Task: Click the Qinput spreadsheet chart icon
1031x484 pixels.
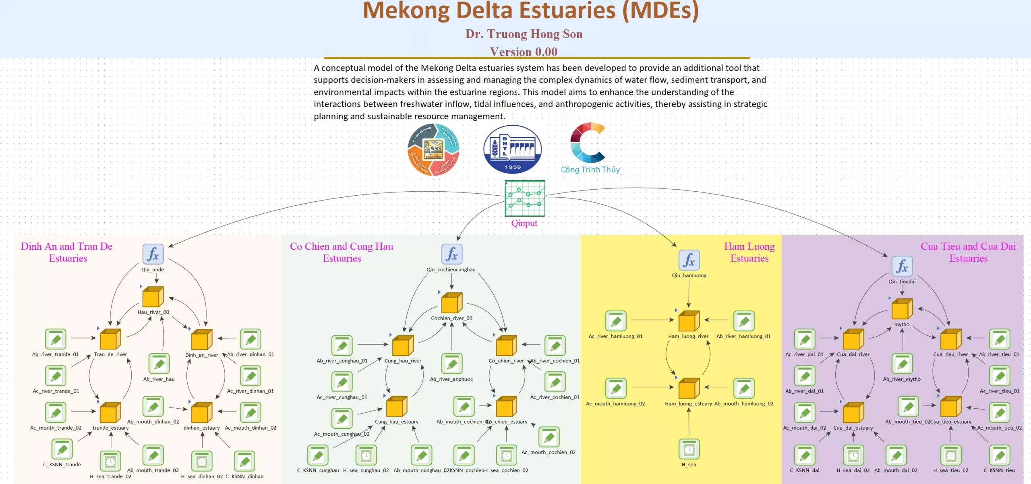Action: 525,198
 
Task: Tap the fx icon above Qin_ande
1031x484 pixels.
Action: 153,254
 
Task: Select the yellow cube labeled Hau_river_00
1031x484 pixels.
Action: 153,297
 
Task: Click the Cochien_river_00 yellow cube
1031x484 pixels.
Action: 451,303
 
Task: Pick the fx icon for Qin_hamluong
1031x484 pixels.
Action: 689,260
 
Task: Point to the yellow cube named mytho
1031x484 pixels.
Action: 902,309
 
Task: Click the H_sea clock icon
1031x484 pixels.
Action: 689,449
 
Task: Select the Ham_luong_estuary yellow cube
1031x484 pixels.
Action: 689,388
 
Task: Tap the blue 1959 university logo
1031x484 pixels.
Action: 512,149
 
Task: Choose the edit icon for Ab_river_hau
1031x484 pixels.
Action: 159,364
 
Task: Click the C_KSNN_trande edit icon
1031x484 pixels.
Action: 62,449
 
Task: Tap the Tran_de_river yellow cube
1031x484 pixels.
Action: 110,339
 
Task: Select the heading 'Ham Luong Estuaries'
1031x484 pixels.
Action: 749,252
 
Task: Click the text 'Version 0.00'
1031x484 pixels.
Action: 524,52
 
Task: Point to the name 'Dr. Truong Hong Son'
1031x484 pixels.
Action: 524,34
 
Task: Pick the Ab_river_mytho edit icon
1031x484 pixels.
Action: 902,364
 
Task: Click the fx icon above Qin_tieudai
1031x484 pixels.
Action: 902,266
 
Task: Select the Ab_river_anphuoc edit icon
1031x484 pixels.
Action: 451,364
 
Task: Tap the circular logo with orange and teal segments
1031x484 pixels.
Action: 433,149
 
